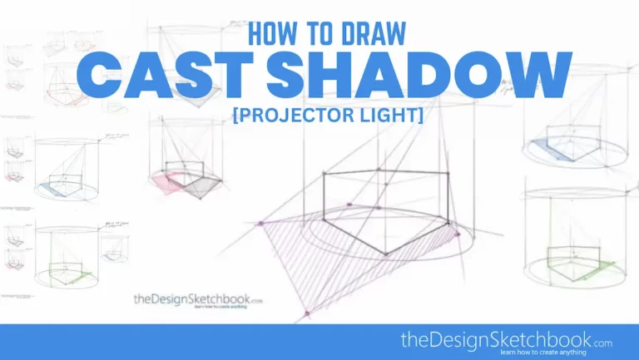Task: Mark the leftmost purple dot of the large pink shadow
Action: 261,223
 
